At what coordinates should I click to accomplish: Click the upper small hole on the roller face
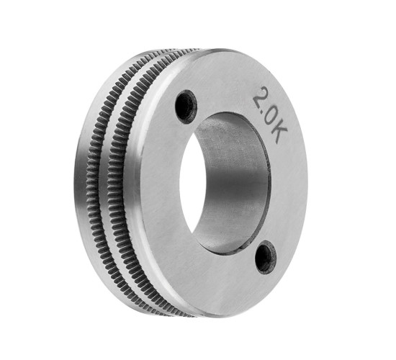coord(186,107)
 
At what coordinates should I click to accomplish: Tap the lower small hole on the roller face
coord(266,257)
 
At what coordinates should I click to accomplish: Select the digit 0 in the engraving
coord(272,118)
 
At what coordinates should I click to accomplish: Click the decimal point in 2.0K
coord(263,111)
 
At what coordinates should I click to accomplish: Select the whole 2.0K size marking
coord(271,115)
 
